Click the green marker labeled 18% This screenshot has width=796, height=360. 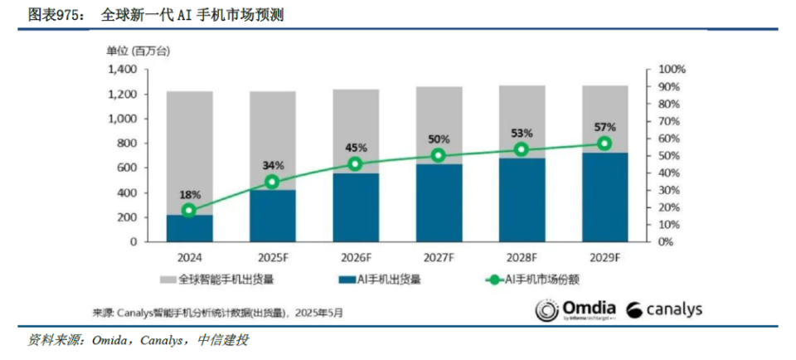coord(189,211)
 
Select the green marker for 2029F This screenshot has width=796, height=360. coord(604,144)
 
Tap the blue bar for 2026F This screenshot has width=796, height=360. coord(355,207)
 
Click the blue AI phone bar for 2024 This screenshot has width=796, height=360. coord(189,229)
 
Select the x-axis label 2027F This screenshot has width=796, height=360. coord(438,258)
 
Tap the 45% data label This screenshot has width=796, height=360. coord(355,148)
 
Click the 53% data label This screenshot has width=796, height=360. coord(522,134)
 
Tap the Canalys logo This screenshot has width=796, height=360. coord(664,310)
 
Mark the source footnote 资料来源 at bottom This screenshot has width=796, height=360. coord(138,341)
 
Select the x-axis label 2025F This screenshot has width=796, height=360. coord(272,258)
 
